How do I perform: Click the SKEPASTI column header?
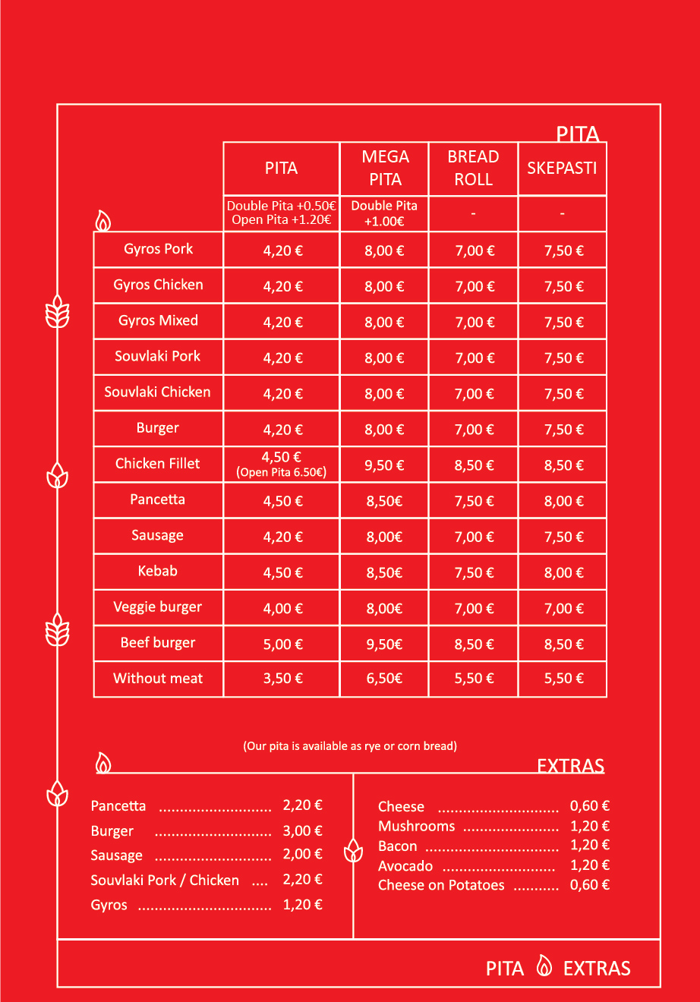coord(562,168)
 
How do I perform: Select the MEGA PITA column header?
coord(385,168)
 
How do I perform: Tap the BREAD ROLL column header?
coord(473,168)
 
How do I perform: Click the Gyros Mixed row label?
coord(158,320)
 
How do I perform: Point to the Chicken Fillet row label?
coord(158,463)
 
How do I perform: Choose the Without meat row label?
coord(158,679)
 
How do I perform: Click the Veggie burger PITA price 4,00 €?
coord(282,608)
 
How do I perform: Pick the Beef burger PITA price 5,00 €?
coord(282,644)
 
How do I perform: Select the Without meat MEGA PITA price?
coord(384,679)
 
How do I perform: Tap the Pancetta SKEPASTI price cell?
coord(563,501)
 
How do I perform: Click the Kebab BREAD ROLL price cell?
coord(474,573)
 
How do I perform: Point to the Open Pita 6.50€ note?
coord(282,472)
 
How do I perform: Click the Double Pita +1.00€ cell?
coord(384,213)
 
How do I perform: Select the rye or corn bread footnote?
coord(350,746)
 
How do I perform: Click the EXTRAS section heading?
coord(570,765)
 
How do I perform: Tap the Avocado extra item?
coord(405,866)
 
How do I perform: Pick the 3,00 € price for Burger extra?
coord(302,830)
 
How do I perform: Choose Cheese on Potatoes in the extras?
coord(441,885)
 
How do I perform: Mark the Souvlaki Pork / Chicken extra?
coord(165,881)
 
